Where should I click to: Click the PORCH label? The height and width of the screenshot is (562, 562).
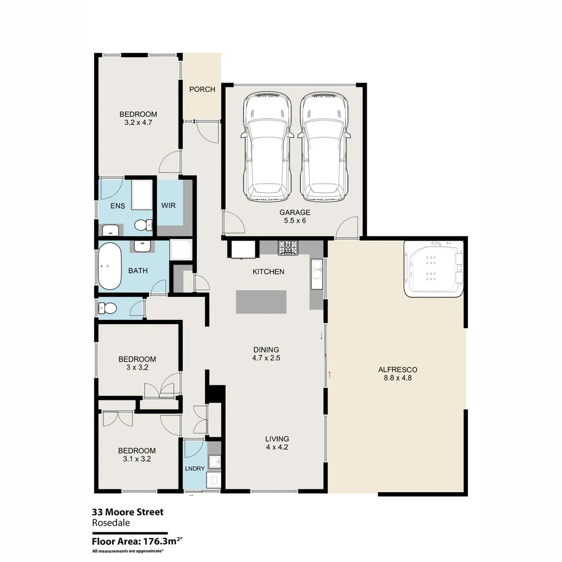coord(202,90)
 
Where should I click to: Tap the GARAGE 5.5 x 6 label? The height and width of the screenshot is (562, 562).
coord(295,216)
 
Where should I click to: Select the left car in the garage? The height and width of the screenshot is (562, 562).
coord(267,147)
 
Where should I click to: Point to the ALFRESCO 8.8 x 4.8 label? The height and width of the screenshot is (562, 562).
coord(398,374)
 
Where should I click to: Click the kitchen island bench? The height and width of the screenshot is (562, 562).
coord(261,302)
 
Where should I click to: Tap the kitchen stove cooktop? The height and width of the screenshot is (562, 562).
coord(288,248)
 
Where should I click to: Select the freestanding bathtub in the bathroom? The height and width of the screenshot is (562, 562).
coord(110,266)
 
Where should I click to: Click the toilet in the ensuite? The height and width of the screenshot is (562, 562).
coord(141,225)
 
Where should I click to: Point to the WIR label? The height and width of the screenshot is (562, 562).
coord(168,206)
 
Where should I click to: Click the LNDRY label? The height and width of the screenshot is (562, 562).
coord(195,468)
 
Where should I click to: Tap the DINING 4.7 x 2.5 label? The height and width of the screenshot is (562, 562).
coord(266,353)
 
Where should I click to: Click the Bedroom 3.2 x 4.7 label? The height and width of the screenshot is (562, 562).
coord(138,119)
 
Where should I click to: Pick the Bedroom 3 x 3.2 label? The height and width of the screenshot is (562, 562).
coord(137,363)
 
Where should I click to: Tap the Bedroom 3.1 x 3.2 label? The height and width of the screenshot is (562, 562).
coord(137,455)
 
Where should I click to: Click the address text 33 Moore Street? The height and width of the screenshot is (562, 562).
coord(127,512)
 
